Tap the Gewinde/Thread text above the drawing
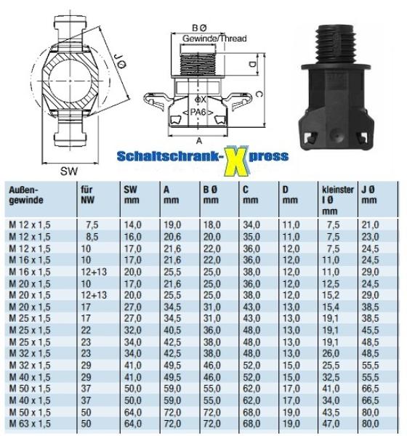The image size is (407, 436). [214, 38]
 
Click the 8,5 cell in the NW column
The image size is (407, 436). [91, 236]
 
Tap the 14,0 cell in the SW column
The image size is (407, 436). [132, 226]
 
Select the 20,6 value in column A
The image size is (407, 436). [172, 236]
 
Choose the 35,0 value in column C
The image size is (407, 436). [251, 236]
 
